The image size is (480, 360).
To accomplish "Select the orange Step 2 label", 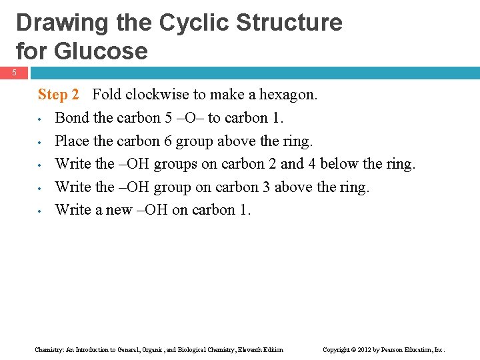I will pos(59,95).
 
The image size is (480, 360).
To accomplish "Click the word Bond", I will pos(70,118).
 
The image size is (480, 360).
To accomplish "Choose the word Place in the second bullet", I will pos(71,141).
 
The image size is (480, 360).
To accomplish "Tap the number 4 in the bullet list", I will pos(312,164).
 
